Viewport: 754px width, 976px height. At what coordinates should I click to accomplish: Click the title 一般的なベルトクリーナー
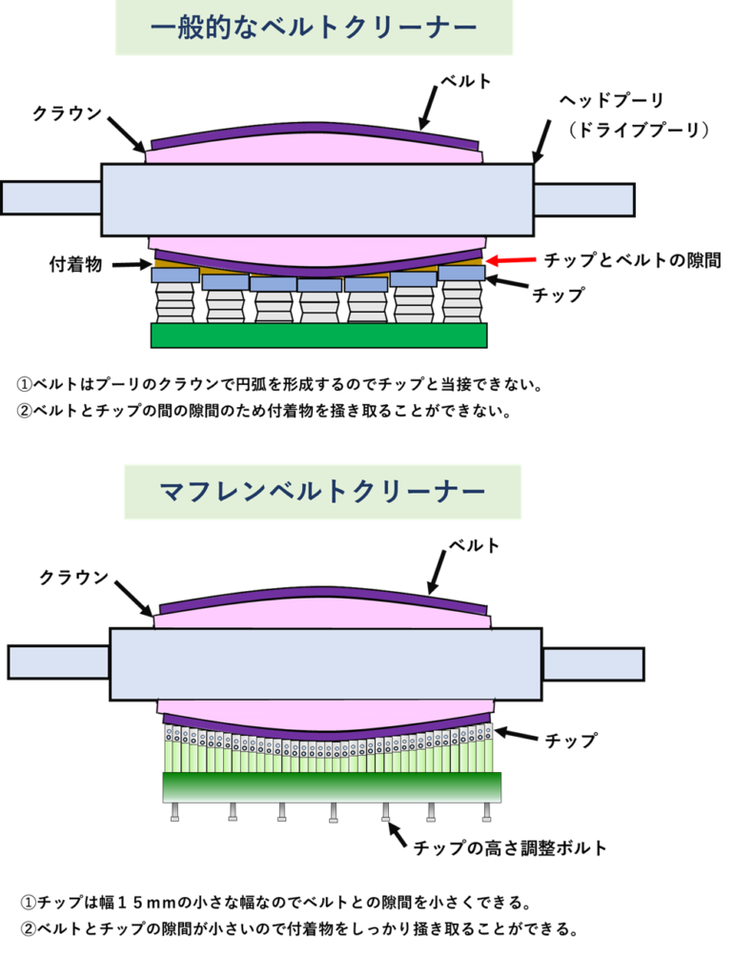coord(314,28)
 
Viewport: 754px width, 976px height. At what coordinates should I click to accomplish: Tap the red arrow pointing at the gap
coord(510,258)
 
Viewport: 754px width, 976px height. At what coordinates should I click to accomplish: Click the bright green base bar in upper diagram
coord(319,335)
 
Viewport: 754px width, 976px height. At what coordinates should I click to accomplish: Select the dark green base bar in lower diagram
coord(332,786)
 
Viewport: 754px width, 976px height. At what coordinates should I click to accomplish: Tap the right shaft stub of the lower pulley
coord(593,662)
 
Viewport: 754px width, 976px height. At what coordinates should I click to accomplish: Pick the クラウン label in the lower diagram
coord(73,578)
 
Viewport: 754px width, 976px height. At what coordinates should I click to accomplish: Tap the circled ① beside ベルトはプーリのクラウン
coord(25,385)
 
